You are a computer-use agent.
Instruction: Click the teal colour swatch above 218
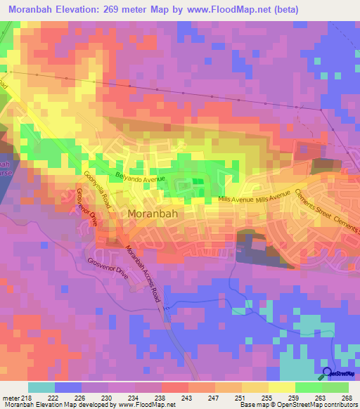tap(41, 387)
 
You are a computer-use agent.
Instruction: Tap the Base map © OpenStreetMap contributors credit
tap(297, 404)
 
